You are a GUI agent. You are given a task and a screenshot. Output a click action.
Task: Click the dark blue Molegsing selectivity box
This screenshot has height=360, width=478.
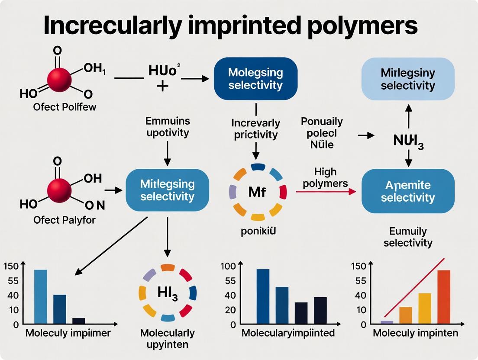coord(255,78)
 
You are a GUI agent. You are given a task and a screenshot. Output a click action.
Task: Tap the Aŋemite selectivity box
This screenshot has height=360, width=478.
coord(407,191)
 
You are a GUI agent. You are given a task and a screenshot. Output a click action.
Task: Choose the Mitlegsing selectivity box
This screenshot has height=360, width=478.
coord(167,190)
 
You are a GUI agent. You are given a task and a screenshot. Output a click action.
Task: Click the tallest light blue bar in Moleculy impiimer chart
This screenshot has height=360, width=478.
coord(41,296)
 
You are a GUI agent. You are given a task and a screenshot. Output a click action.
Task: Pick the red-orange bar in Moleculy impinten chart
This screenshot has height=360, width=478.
coord(444,297)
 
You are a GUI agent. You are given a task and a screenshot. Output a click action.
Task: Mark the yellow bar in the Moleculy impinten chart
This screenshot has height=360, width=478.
coord(425,308)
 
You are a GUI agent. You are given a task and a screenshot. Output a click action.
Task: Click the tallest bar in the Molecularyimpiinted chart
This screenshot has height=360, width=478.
coord(263,296)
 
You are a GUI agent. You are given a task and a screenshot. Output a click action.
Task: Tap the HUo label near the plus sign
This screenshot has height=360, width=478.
coord(162,71)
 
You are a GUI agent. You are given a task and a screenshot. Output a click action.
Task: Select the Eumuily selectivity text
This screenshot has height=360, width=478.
coord(408,237)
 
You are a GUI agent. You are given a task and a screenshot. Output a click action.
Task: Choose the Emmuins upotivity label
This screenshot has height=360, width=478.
coord(168,127)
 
